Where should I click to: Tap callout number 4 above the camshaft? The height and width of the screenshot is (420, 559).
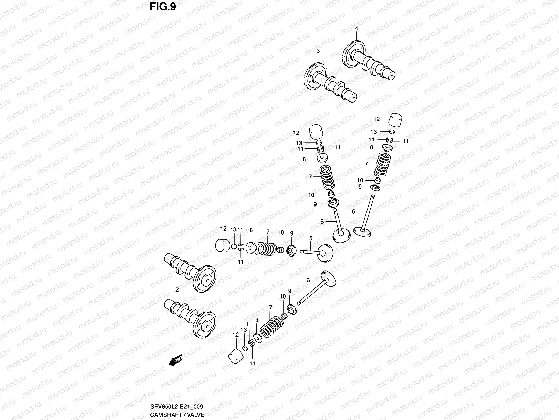(357, 28)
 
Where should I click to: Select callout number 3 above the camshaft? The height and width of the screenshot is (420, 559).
(318, 51)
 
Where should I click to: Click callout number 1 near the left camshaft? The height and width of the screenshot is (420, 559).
(177, 244)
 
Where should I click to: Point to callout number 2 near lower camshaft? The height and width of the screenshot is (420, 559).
(177, 289)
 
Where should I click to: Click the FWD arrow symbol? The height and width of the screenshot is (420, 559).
(176, 360)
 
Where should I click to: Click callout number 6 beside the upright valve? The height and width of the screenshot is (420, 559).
(353, 211)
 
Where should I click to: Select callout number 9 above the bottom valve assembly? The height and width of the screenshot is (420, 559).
(290, 291)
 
